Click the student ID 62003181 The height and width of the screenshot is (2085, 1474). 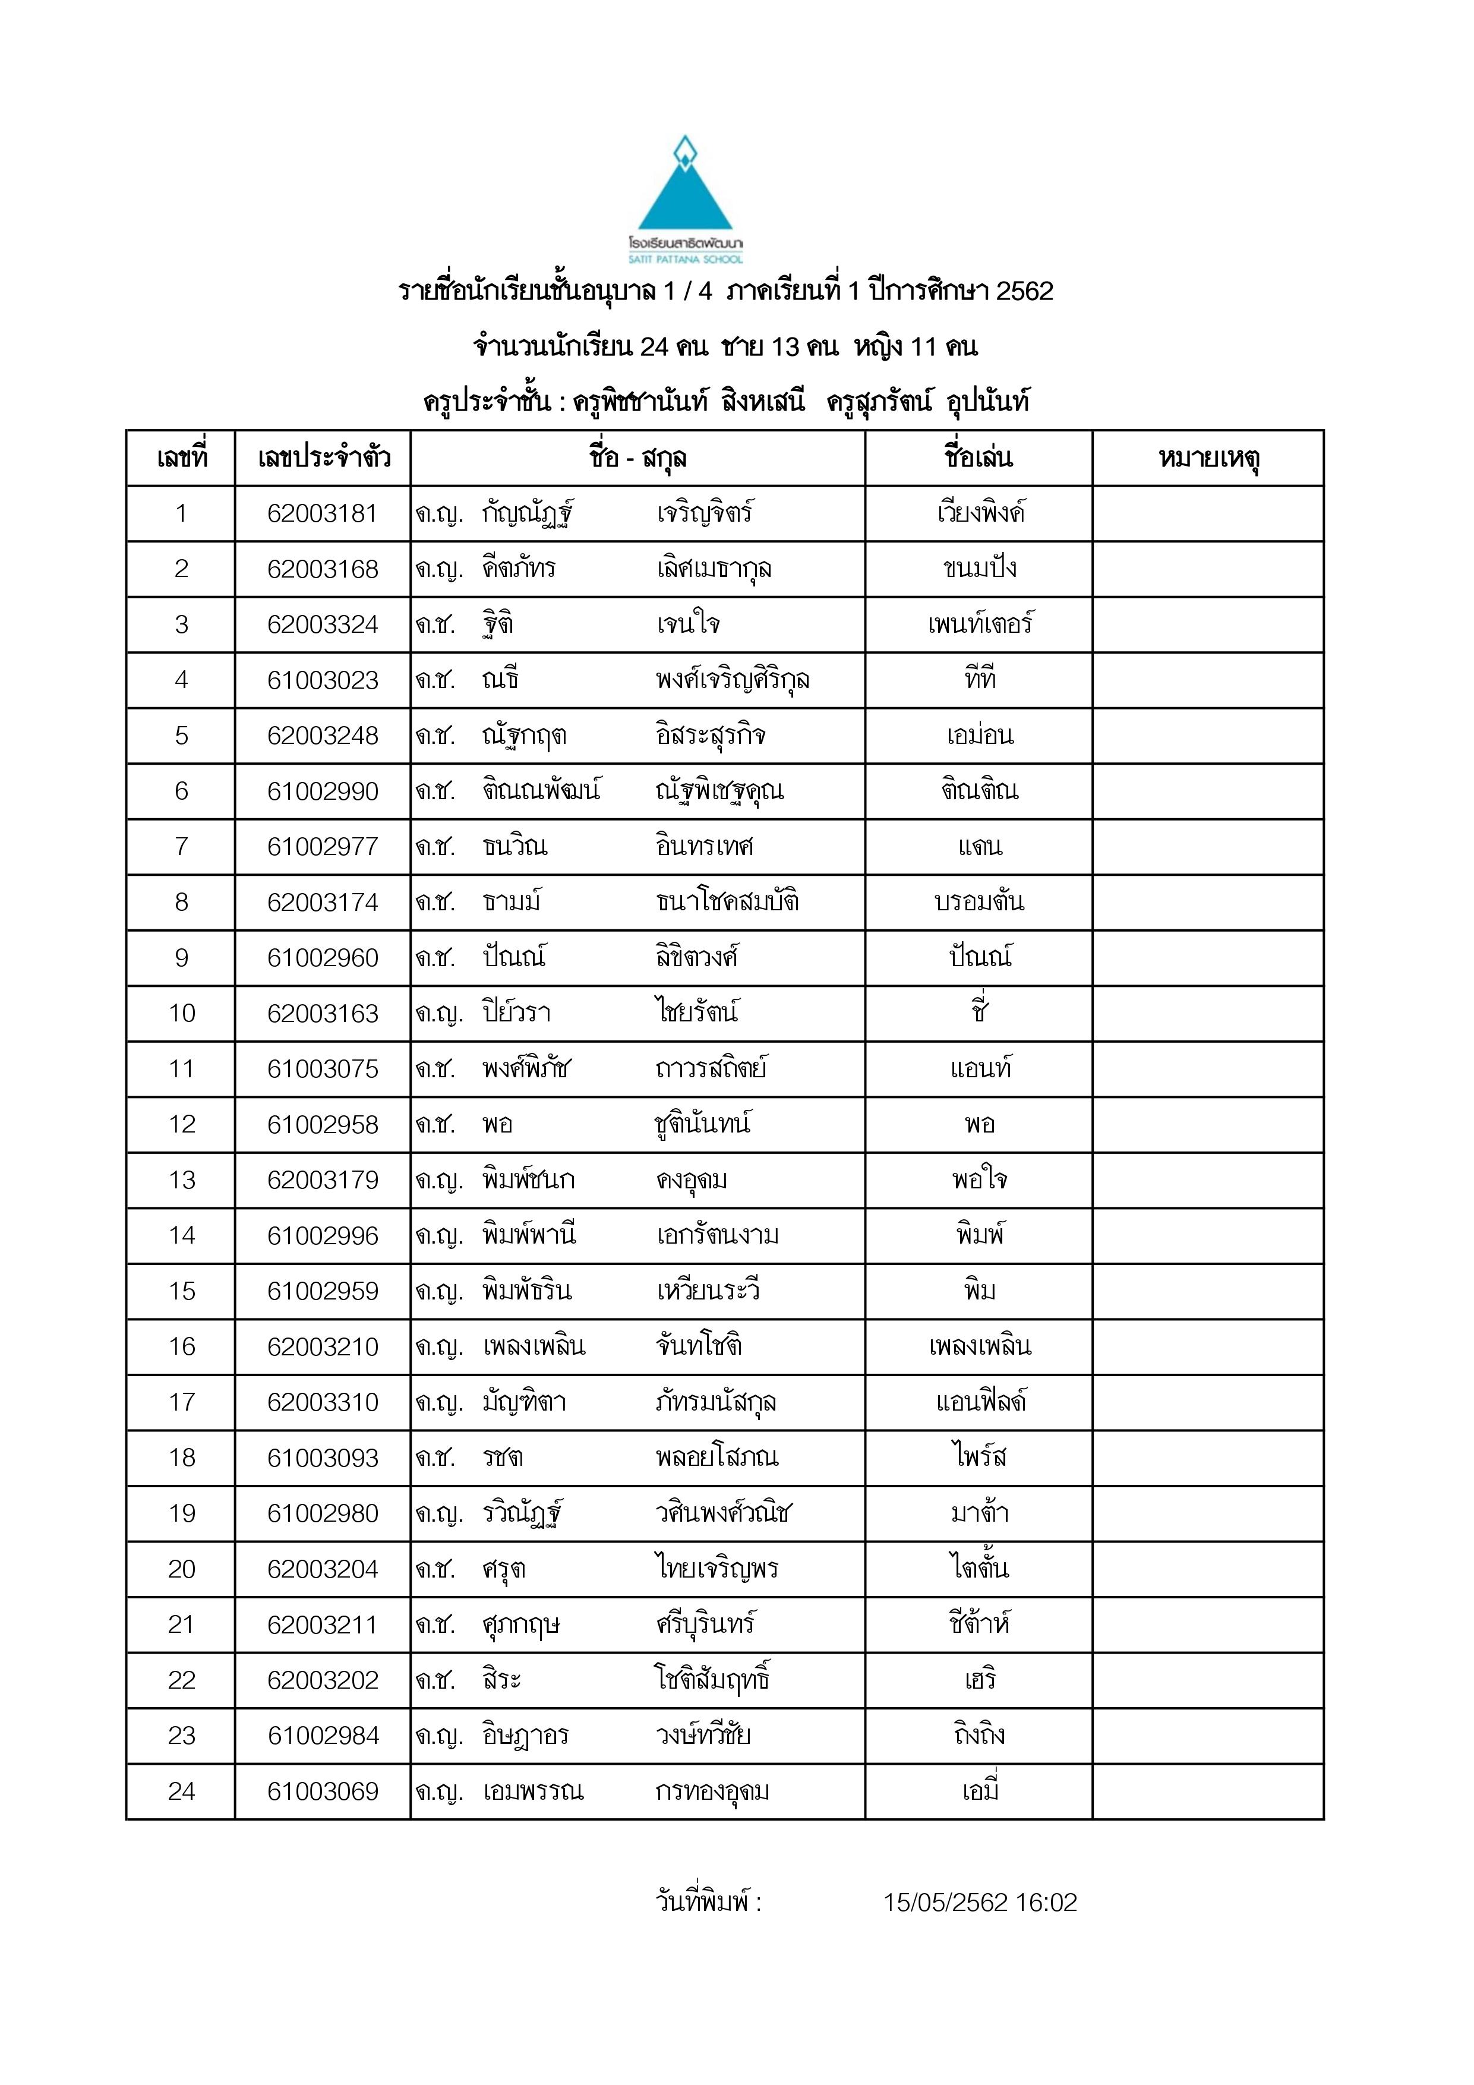pyautogui.click(x=323, y=514)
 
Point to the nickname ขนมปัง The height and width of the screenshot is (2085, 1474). pyautogui.click(x=979, y=569)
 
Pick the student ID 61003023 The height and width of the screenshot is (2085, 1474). pyautogui.click(x=323, y=680)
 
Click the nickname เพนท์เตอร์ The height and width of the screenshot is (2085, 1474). pyautogui.click(x=979, y=624)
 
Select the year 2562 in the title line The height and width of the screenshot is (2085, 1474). pyautogui.click(x=1024, y=292)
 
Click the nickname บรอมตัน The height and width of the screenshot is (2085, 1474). pyautogui.click(x=979, y=902)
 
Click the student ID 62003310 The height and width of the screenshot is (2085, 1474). pyautogui.click(x=323, y=1402)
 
